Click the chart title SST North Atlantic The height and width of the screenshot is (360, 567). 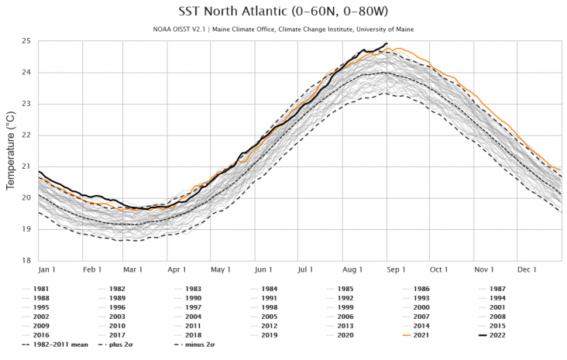coord(283,12)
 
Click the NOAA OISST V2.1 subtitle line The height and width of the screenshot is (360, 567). coord(283,29)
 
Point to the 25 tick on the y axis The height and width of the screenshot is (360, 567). coord(26,41)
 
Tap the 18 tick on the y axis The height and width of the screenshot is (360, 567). coord(26,260)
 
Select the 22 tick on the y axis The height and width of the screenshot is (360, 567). coord(26,135)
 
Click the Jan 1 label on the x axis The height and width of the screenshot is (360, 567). coord(48,269)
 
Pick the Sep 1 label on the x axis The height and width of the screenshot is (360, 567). coord(397,269)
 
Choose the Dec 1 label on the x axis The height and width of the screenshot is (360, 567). coord(527,269)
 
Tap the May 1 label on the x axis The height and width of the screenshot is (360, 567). coord(221,269)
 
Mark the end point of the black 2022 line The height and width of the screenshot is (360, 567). coord(387,43)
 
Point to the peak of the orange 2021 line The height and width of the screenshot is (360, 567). coord(397,48)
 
